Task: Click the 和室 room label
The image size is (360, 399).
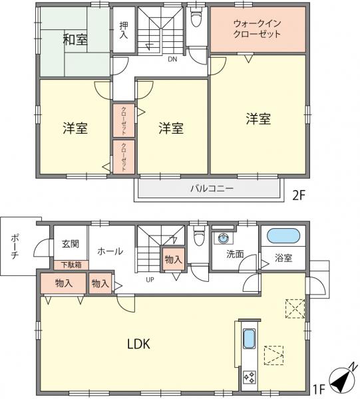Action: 75,40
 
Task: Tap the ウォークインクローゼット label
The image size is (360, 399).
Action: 257,29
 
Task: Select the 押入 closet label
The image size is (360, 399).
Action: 124,30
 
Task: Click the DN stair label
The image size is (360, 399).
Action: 172,59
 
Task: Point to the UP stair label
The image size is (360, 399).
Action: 150,280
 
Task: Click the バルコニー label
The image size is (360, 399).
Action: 212,189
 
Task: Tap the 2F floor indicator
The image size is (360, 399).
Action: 299,196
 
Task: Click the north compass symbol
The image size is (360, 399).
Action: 342,380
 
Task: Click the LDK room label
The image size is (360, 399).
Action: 138,344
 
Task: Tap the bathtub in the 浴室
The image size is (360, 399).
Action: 283,235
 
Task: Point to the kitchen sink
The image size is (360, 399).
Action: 250,339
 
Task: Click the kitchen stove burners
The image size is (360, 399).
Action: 250,377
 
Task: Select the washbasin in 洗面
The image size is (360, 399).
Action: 224,238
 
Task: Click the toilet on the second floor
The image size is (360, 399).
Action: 196,17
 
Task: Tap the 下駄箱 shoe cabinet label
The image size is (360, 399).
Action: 71,265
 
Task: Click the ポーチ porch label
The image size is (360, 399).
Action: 15,247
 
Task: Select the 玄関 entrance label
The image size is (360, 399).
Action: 71,244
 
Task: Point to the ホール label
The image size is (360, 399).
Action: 110,251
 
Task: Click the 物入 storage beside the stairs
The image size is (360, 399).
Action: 174,259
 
